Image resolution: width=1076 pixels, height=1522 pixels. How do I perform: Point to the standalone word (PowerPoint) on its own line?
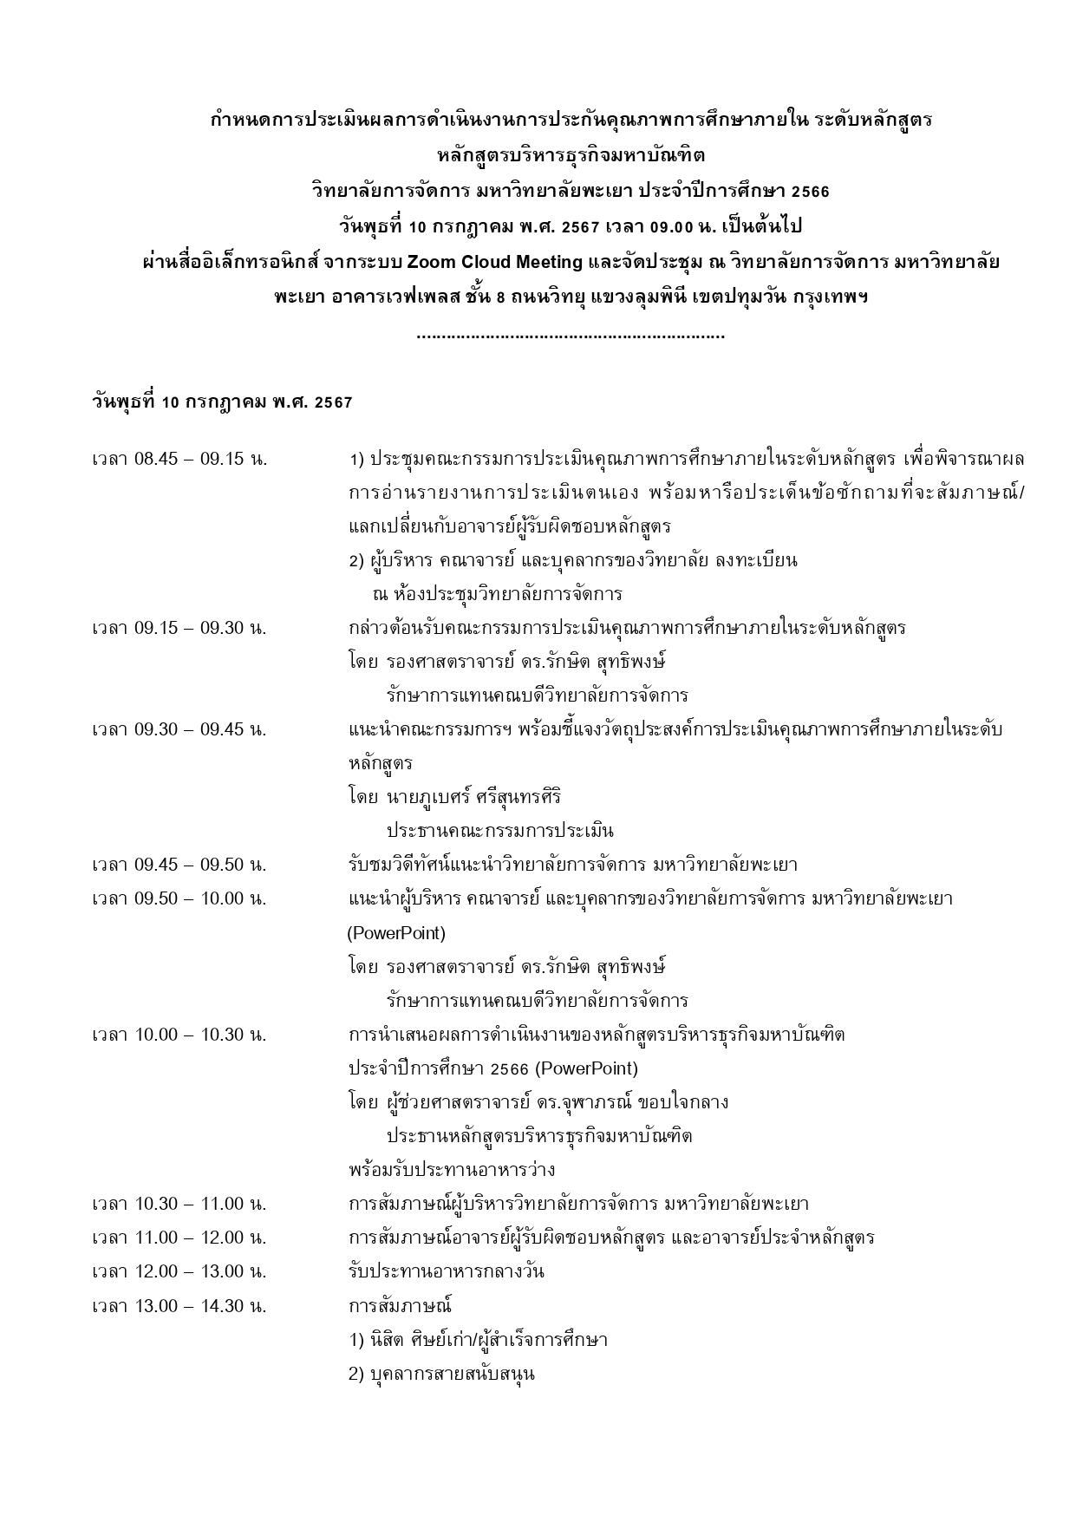[x=396, y=933]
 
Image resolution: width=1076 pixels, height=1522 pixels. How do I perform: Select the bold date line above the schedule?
[x=222, y=402]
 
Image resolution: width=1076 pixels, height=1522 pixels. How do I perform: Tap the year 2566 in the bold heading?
[x=810, y=191]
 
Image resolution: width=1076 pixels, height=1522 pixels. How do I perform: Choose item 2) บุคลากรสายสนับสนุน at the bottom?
[x=441, y=1374]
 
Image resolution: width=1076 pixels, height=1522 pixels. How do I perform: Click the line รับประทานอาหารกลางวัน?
[x=447, y=1272]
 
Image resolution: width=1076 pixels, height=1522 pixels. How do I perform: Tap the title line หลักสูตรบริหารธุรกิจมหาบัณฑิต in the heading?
[x=571, y=155]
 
